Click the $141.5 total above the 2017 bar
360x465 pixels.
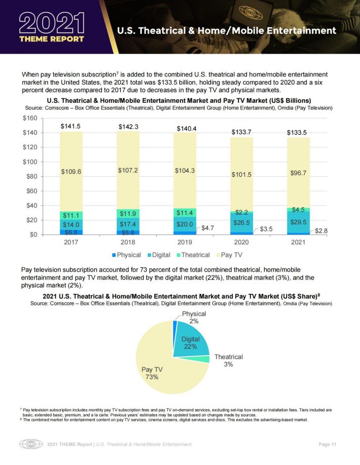click(x=70, y=126)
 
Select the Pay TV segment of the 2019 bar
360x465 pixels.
click(x=185, y=171)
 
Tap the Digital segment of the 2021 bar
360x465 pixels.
click(x=298, y=222)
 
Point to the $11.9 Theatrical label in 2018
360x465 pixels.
click(x=128, y=214)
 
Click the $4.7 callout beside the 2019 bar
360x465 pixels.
click(x=207, y=228)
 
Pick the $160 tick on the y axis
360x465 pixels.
click(x=30, y=119)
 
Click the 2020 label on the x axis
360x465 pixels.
click(x=241, y=242)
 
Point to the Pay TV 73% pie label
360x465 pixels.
click(x=152, y=373)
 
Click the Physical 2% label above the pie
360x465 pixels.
click(x=194, y=317)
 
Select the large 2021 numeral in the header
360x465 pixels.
click(x=52, y=23)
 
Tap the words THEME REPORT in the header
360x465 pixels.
click(x=52, y=39)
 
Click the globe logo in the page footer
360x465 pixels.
click(x=31, y=444)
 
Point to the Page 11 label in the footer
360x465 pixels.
click(x=328, y=444)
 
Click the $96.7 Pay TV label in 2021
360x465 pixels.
click(x=298, y=173)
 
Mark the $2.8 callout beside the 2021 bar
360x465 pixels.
click(x=321, y=230)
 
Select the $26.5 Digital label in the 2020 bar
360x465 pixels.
click(x=241, y=222)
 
